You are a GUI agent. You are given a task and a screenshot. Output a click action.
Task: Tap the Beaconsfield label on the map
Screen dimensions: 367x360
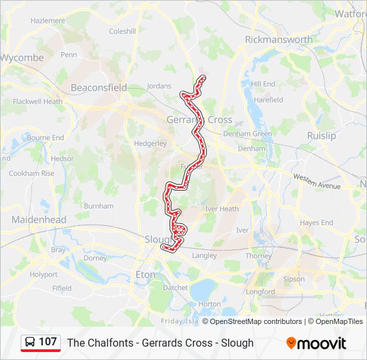pyautogui.click(x=99, y=87)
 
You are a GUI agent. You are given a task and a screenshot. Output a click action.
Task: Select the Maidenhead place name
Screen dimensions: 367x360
pyautogui.click(x=39, y=219)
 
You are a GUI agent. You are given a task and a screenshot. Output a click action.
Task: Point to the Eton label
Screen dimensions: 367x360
pyautogui.click(x=145, y=274)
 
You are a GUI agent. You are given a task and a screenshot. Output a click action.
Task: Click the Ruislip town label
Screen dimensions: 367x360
pyautogui.click(x=322, y=135)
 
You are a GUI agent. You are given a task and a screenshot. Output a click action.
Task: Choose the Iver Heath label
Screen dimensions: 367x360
pyautogui.click(x=222, y=209)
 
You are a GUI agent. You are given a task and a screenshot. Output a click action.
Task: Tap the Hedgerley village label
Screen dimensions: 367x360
pyautogui.click(x=150, y=143)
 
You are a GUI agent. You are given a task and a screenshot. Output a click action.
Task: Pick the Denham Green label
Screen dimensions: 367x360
pyautogui.click(x=248, y=134)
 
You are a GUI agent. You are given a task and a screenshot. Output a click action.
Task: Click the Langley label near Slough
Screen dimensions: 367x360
pyautogui.click(x=204, y=255)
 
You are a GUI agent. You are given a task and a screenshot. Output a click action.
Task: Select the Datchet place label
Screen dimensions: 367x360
pyautogui.click(x=175, y=288)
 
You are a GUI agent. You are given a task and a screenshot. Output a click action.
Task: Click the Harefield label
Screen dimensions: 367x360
pyautogui.click(x=268, y=100)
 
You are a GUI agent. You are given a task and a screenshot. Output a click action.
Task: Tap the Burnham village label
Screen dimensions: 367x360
pyautogui.click(x=99, y=207)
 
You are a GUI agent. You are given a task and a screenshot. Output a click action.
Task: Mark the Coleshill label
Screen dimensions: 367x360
pyautogui.click(x=122, y=31)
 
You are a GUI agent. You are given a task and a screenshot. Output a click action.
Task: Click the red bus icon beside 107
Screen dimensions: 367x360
pyautogui.click(x=31, y=342)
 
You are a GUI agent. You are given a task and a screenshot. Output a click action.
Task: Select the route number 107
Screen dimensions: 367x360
pyautogui.click(x=47, y=342)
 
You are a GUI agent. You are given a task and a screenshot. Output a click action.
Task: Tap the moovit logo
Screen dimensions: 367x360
pyautogui.click(x=316, y=343)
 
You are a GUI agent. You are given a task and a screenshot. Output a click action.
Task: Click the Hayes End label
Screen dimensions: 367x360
pyautogui.click(x=316, y=223)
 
